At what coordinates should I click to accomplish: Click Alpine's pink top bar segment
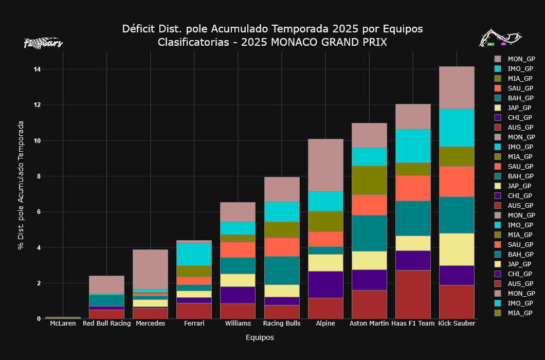pyautogui.click(x=325, y=165)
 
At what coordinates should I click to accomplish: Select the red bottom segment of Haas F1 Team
pyautogui.click(x=413, y=294)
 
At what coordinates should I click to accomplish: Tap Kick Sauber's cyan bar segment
pyautogui.click(x=457, y=128)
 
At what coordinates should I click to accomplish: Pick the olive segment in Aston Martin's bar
pyautogui.click(x=369, y=180)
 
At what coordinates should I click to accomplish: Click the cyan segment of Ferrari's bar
pyautogui.click(x=194, y=254)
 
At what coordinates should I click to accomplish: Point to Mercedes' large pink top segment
pyautogui.click(x=150, y=269)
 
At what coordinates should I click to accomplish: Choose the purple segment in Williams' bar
pyautogui.click(x=238, y=295)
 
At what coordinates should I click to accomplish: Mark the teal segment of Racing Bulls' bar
pyautogui.click(x=282, y=270)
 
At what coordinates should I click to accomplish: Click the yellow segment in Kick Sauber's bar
pyautogui.click(x=457, y=249)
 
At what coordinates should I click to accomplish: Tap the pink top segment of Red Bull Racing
pyautogui.click(x=106, y=284)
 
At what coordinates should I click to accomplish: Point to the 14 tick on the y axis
pyautogui.click(x=37, y=69)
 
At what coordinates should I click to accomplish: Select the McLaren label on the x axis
pyautogui.click(x=63, y=323)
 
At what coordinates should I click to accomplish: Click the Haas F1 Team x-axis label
pyautogui.click(x=413, y=323)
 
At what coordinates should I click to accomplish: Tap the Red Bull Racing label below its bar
pyautogui.click(x=106, y=323)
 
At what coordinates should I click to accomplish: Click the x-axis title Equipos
pyautogui.click(x=260, y=337)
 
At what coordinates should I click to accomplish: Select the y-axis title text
pyautogui.click(x=21, y=185)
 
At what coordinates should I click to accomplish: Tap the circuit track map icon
pyautogui.click(x=500, y=38)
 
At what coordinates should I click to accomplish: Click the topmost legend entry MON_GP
pyautogui.click(x=521, y=59)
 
